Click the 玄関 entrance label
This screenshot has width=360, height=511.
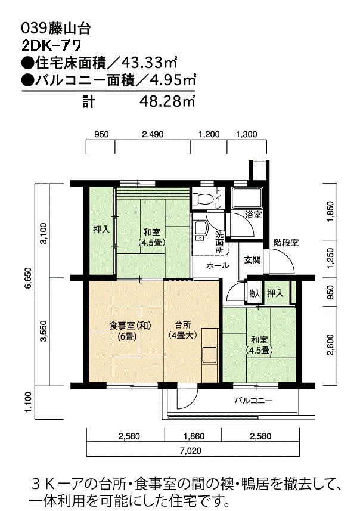(x=252, y=260)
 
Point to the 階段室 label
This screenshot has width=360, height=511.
(x=286, y=243)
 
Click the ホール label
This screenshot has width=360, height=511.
(x=217, y=265)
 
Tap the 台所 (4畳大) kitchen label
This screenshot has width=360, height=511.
(x=182, y=330)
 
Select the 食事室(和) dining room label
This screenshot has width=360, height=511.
(x=129, y=330)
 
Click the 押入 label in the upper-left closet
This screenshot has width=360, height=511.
(x=101, y=228)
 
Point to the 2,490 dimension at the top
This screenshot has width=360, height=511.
(x=153, y=134)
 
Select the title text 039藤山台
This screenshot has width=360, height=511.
(x=55, y=27)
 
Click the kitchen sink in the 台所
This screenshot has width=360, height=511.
(x=209, y=354)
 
